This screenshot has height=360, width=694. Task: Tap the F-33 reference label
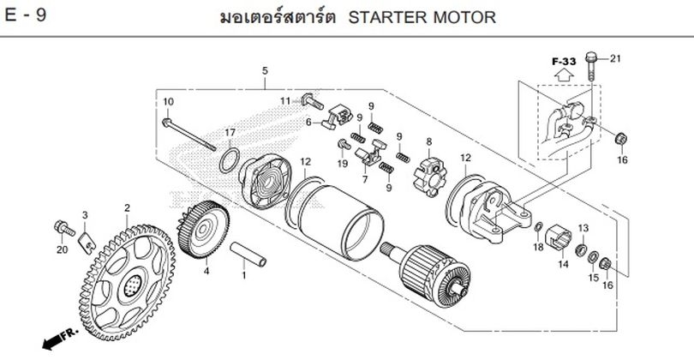(x=564, y=62)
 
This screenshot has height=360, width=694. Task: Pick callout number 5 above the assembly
(x=265, y=69)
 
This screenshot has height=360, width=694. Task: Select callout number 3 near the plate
(x=85, y=214)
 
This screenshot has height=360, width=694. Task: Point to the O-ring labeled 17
(x=228, y=159)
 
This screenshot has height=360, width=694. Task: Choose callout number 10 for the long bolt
(x=168, y=102)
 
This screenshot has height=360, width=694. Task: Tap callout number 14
(x=563, y=264)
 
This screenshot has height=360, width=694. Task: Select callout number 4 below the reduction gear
(x=206, y=271)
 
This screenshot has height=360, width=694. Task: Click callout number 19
(x=342, y=163)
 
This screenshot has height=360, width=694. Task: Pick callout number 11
(x=285, y=101)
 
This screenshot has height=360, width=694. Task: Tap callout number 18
(x=537, y=247)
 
